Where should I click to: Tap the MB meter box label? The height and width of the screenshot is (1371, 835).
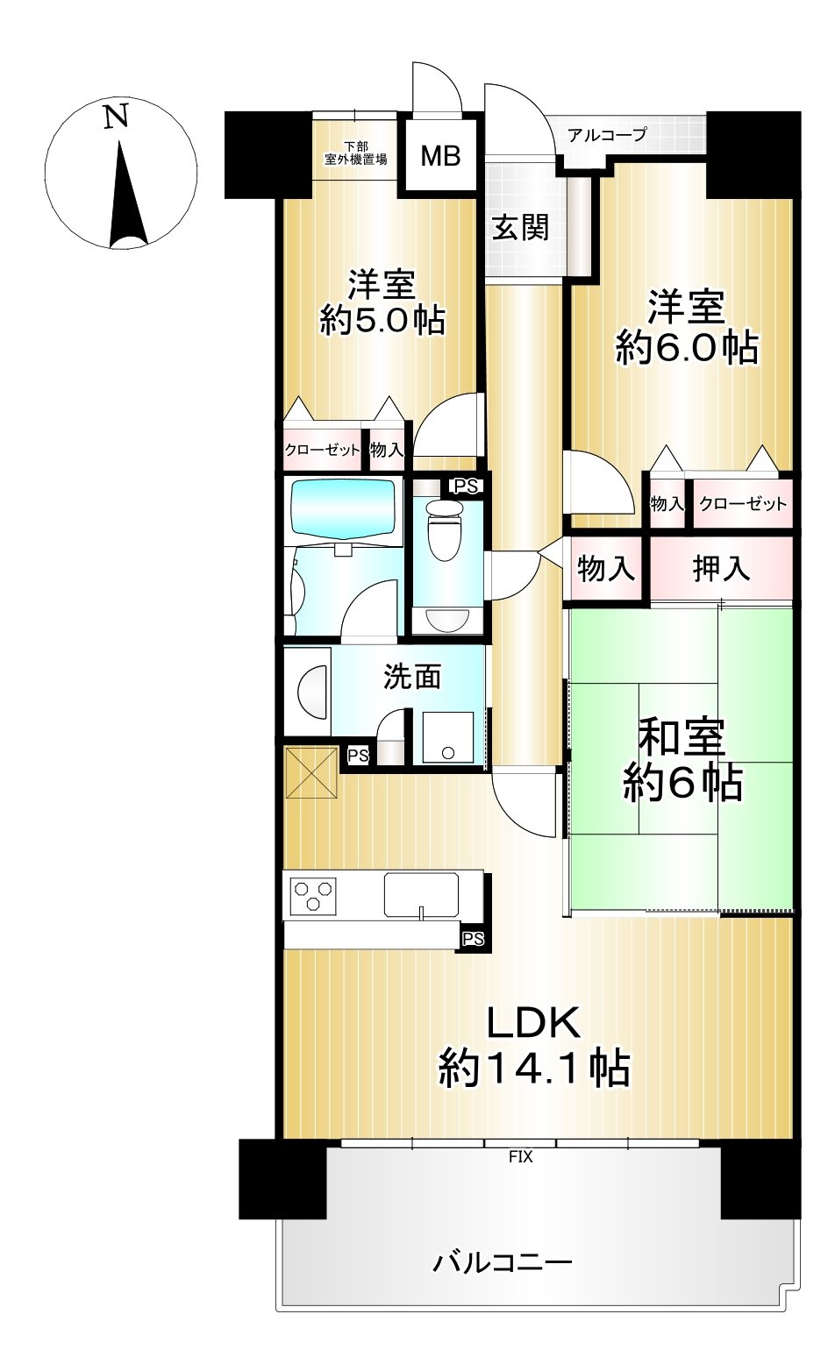click(x=440, y=156)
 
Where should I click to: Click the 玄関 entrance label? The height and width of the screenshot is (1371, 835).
click(x=521, y=228)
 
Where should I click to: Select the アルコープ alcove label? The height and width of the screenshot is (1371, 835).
click(x=606, y=134)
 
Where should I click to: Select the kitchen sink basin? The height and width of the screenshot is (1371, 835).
click(x=422, y=895)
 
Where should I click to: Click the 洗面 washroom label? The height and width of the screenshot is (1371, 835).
click(x=411, y=678)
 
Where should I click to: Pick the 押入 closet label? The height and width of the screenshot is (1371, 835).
click(x=721, y=569)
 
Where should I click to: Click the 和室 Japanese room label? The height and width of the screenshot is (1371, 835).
click(x=682, y=737)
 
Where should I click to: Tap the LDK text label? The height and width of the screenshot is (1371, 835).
click(x=532, y=1022)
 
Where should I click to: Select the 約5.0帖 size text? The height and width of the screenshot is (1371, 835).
click(x=382, y=319)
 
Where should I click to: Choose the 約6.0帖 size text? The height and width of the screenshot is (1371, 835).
click(x=687, y=348)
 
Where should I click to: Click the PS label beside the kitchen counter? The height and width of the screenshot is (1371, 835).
click(x=473, y=938)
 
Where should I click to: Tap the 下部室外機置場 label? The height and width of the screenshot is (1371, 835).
click(x=355, y=153)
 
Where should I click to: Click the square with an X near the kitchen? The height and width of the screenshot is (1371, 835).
click(x=312, y=772)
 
